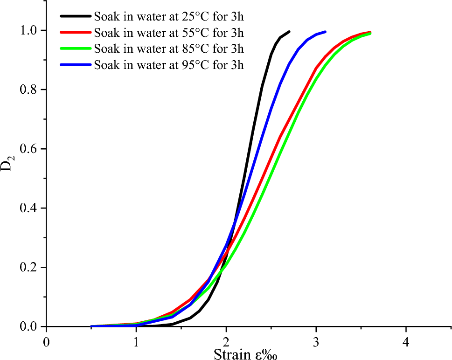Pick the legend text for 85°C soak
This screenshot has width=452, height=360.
click(169, 48)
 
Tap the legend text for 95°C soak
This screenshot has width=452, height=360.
click(169, 64)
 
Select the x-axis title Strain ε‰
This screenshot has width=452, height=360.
click(246, 354)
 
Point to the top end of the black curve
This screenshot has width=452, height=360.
click(289, 32)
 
